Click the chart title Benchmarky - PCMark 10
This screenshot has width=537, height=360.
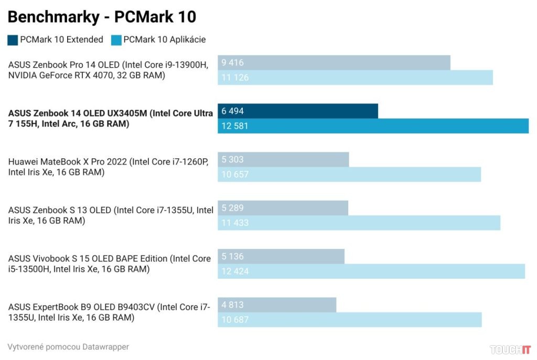102,17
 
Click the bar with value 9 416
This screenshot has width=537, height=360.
334,63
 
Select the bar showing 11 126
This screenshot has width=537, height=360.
355,78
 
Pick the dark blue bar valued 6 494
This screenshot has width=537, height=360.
298,111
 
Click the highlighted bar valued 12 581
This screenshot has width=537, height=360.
373,126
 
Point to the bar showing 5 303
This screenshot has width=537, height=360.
283,160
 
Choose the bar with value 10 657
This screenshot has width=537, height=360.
349,174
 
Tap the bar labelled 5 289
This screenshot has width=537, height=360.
283,208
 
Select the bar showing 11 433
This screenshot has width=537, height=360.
359,223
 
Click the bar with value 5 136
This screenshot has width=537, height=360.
281,257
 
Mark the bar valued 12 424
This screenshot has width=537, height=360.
371,271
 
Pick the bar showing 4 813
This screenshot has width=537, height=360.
277,305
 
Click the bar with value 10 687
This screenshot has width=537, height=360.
350,320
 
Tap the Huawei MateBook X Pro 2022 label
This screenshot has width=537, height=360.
108,167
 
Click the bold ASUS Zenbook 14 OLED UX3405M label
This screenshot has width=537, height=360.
110,118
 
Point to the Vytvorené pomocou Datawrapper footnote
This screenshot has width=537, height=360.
68,347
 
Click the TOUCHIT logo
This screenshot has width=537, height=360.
510,350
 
